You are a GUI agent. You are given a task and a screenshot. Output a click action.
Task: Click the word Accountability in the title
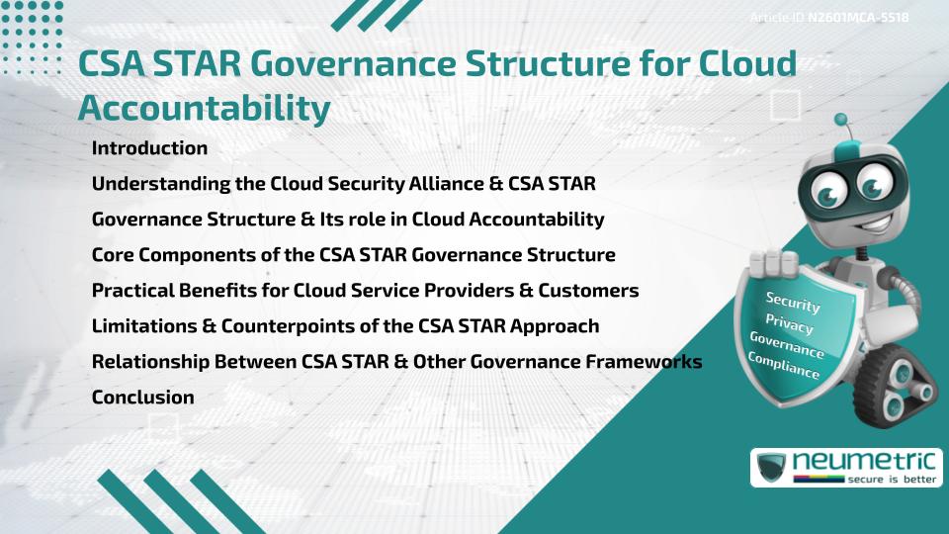pos(203,109)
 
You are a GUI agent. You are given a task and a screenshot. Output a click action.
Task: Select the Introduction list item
pos(149,148)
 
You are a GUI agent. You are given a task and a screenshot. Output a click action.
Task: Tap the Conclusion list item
pos(142,398)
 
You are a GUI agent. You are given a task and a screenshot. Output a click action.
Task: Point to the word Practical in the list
pos(133,291)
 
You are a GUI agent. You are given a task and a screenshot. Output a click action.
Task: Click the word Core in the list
pos(113,255)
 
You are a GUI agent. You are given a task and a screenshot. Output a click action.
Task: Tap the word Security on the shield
pos(793,302)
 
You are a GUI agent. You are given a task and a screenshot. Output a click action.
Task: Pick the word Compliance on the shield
pos(784,366)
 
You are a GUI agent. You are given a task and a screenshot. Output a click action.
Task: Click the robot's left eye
pos(822,185)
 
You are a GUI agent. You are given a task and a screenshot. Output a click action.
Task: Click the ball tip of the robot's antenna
pos(841,121)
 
